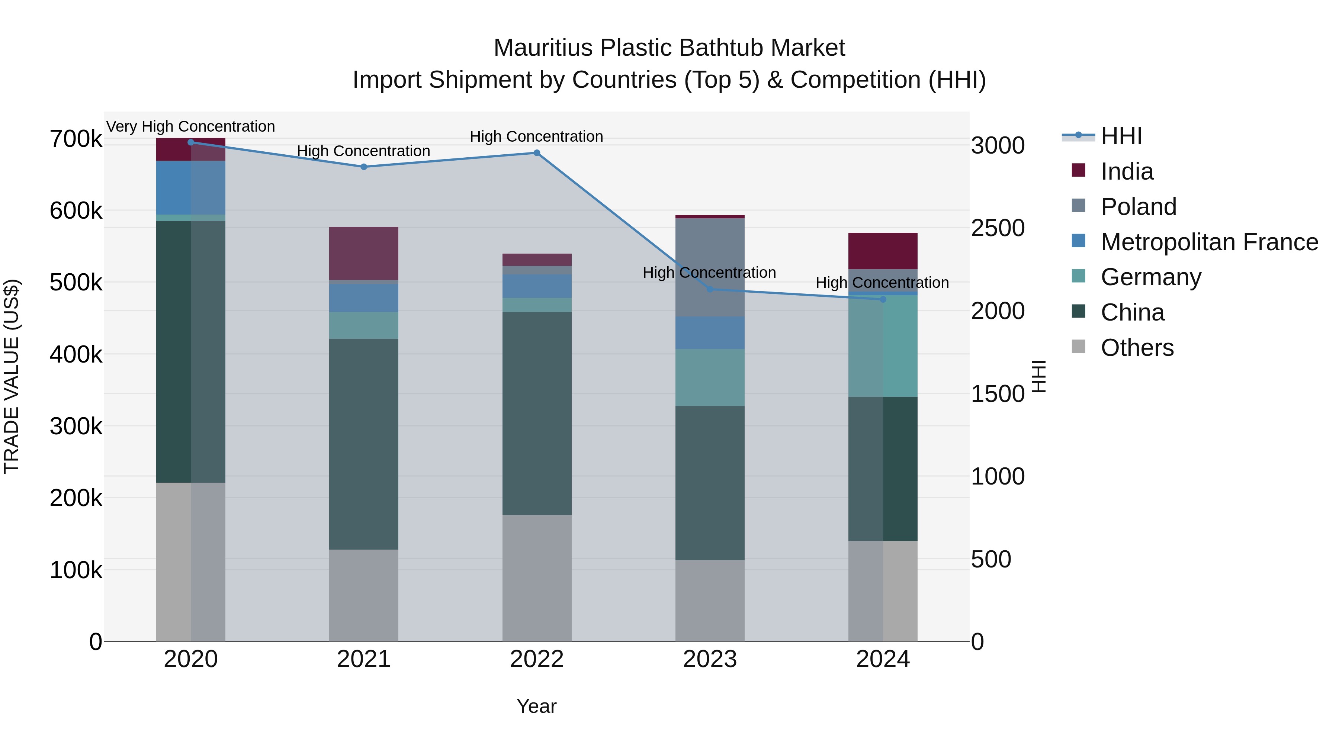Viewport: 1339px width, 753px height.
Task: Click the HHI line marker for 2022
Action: (x=537, y=153)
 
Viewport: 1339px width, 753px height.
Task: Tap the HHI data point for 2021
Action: (x=364, y=167)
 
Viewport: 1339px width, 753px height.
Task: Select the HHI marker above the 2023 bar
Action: (x=710, y=289)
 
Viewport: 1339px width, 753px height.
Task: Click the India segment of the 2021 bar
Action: (x=364, y=253)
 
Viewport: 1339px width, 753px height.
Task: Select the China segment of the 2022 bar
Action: (x=537, y=413)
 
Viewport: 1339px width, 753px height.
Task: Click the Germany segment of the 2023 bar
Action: (x=710, y=377)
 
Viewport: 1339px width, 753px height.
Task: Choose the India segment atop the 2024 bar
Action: (x=883, y=251)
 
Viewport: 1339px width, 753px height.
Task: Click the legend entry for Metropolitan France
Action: (x=1209, y=242)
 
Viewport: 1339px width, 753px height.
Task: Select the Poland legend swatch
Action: (x=1079, y=206)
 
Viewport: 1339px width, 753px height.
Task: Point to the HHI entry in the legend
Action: (x=1121, y=136)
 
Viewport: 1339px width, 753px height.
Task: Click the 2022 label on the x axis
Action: (x=537, y=659)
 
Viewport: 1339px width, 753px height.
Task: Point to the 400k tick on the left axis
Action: (x=76, y=355)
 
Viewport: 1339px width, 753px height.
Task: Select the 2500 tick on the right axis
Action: (x=998, y=228)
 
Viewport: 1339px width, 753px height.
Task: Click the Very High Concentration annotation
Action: (x=191, y=127)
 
